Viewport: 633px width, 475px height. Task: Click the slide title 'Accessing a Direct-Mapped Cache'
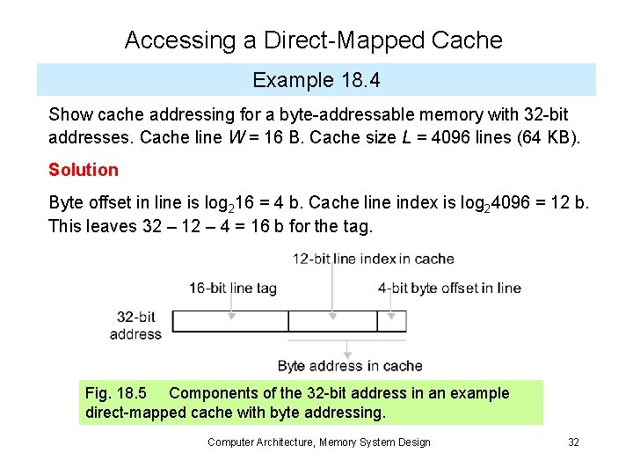314,40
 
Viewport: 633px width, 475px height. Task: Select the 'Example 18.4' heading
316,81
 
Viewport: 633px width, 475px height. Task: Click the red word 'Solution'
84,170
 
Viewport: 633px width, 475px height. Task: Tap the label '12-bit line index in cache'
374,259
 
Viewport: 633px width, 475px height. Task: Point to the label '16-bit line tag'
232,288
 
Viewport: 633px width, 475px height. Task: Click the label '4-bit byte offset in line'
449,288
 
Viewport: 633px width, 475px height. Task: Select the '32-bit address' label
136,325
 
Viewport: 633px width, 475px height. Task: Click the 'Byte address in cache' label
350,366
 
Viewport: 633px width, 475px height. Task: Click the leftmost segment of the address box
230,321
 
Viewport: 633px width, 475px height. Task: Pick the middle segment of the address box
332,321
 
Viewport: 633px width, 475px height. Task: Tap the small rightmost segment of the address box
391,321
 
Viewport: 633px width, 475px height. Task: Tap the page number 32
573,442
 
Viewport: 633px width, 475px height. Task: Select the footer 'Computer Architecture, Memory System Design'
319,442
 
